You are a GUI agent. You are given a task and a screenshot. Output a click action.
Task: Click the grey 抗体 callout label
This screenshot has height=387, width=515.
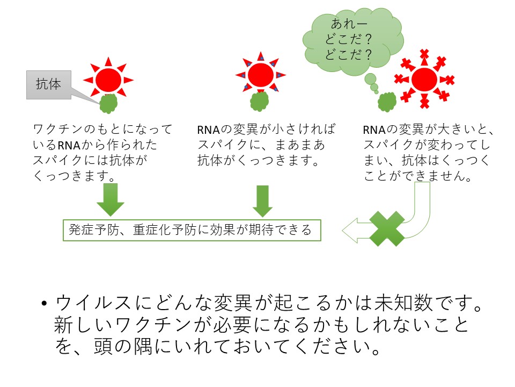[49, 84]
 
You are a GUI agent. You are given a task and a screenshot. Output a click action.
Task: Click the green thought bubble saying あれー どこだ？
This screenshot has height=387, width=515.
[353, 41]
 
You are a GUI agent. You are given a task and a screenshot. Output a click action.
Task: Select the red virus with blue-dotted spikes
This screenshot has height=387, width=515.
[261, 74]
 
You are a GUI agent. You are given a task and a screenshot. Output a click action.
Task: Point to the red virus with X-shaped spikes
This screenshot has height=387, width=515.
[424, 79]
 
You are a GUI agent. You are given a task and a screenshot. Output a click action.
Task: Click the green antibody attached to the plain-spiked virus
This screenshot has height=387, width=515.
[108, 104]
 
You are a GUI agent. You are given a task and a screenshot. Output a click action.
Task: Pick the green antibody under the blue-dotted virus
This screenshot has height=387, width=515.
[260, 102]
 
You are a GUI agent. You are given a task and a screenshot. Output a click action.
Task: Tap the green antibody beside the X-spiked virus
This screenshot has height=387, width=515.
[387, 102]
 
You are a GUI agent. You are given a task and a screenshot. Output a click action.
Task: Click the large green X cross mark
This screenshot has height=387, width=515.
[387, 228]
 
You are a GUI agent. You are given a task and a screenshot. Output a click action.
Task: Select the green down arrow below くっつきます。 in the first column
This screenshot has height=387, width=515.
[111, 199]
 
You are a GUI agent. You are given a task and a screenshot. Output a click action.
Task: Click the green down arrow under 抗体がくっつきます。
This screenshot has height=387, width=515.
[262, 200]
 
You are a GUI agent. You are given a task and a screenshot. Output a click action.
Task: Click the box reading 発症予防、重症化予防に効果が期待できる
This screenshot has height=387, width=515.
[192, 230]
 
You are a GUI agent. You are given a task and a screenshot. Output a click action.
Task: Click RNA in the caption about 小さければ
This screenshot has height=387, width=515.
[208, 130]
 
